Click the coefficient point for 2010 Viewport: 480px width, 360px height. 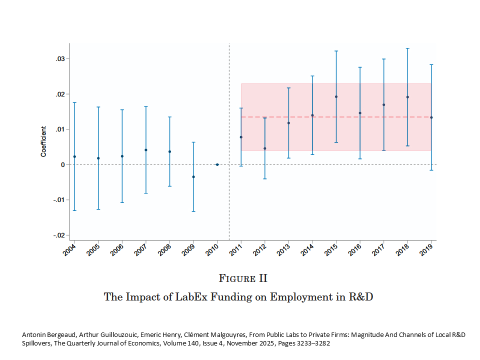click(217, 164)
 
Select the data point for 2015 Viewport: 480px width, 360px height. click(336, 96)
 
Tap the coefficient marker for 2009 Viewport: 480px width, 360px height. click(193, 177)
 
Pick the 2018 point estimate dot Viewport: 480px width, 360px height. click(408, 97)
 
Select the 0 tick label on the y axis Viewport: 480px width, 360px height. click(63, 165)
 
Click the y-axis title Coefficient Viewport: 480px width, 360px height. click(44, 141)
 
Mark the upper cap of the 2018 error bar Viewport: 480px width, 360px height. click(408, 48)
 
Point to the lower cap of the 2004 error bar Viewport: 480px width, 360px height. click(74, 210)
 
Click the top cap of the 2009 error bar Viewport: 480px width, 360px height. click(193, 142)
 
